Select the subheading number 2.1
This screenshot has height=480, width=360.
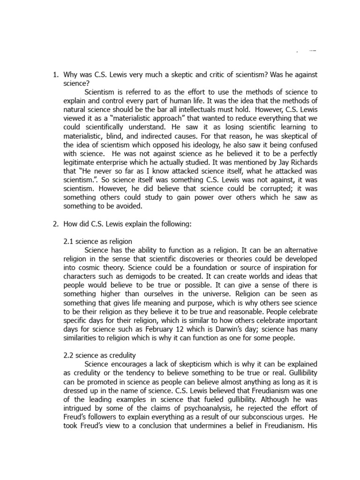(69, 241)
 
